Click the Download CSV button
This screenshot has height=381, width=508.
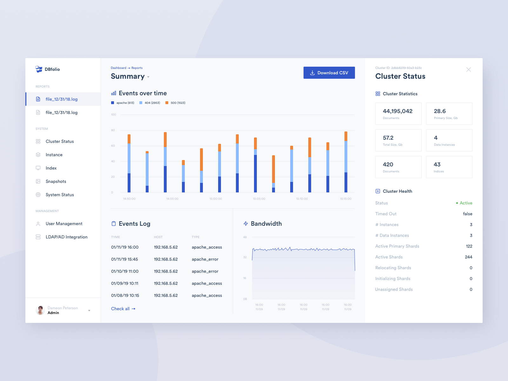(x=329, y=73)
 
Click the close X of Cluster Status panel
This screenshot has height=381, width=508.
(x=468, y=70)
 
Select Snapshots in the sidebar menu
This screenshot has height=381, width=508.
(x=56, y=182)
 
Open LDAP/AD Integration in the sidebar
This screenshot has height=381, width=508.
(x=66, y=237)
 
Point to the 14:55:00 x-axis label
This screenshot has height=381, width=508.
(x=172, y=199)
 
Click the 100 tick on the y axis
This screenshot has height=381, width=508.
(x=113, y=115)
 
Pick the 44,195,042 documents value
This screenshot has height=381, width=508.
(x=398, y=111)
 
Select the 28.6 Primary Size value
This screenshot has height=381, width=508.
(x=440, y=111)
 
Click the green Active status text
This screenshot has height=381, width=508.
(x=466, y=203)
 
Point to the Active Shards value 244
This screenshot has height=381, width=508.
(x=468, y=257)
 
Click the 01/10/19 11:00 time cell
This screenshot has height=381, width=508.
(x=125, y=271)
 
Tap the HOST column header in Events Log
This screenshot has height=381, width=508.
(x=158, y=237)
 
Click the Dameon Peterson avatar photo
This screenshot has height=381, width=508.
(x=40, y=310)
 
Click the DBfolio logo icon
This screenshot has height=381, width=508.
(x=39, y=69)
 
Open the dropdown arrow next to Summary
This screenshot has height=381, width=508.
(x=148, y=77)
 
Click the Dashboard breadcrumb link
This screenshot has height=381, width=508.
(x=118, y=68)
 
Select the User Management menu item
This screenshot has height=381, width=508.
(x=64, y=224)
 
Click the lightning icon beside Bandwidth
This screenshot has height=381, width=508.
(x=245, y=224)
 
